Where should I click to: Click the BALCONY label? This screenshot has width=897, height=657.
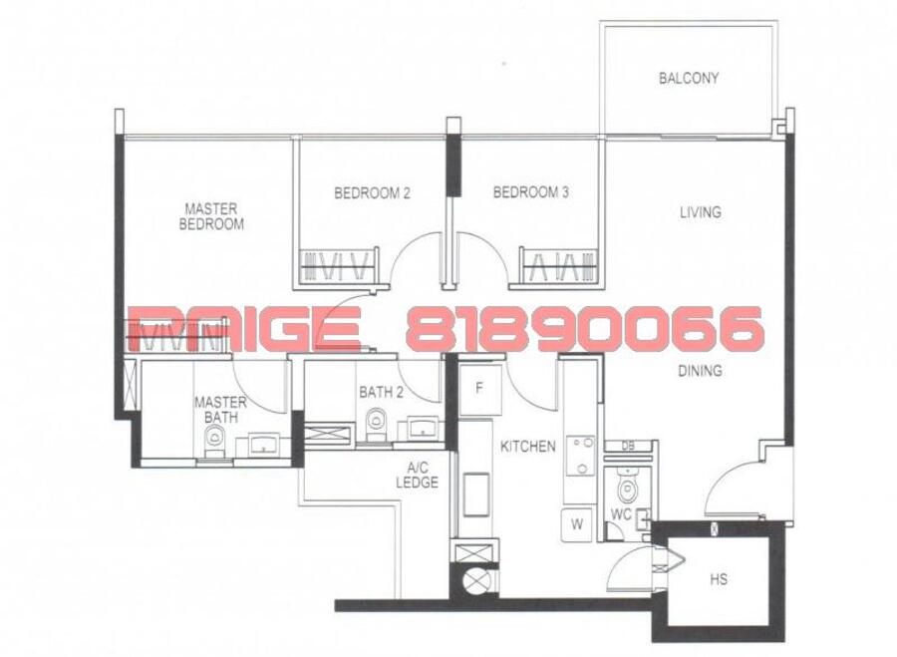pyautogui.click(x=688, y=78)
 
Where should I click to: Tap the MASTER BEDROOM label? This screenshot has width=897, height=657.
pyautogui.click(x=211, y=215)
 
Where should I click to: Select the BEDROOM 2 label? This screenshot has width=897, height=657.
pyautogui.click(x=372, y=192)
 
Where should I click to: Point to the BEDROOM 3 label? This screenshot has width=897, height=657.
pyautogui.click(x=531, y=192)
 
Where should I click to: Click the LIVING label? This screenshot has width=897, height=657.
pyautogui.click(x=701, y=212)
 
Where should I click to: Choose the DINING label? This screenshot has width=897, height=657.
pyautogui.click(x=701, y=371)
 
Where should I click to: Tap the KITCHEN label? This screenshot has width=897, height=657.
pyautogui.click(x=528, y=447)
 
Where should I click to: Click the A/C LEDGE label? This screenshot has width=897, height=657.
pyautogui.click(x=417, y=475)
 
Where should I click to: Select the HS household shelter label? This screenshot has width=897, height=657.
pyautogui.click(x=719, y=579)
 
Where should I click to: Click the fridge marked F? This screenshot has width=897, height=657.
pyautogui.click(x=480, y=389)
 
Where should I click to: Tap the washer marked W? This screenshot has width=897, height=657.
pyautogui.click(x=578, y=524)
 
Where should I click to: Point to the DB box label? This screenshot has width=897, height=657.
pyautogui.click(x=628, y=447)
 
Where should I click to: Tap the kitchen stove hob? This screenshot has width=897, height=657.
pyautogui.click(x=579, y=457)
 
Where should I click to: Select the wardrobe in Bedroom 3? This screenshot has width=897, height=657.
pyautogui.click(x=559, y=265)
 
